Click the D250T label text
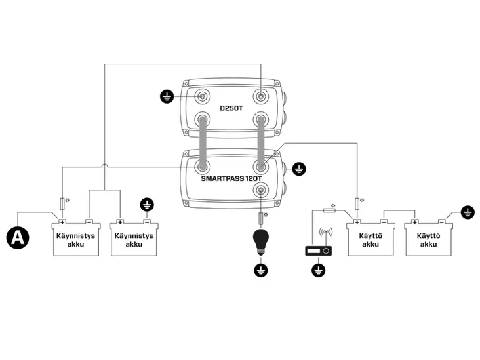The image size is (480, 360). (x=231, y=108)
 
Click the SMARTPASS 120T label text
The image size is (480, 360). (x=231, y=178)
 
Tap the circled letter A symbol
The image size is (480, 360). (x=18, y=237)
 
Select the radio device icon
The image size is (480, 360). (x=319, y=250)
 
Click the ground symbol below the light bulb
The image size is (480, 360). (x=261, y=270)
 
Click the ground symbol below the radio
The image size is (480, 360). (x=319, y=270)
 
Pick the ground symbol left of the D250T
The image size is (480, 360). (x=167, y=97)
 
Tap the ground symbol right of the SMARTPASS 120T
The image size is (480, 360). (x=299, y=169)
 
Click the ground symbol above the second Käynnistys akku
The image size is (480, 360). (x=147, y=205)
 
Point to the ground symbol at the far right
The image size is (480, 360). (x=468, y=212)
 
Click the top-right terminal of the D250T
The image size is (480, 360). (x=261, y=96)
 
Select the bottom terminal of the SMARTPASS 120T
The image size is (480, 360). (x=261, y=190)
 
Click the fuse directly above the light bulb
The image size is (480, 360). (x=261, y=218)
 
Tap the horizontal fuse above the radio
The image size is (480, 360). (x=329, y=210)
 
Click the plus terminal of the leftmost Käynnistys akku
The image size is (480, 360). (x=62, y=222)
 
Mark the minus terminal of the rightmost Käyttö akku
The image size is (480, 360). (x=442, y=222)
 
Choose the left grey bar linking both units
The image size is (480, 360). (x=203, y=143)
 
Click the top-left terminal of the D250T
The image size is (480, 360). (x=202, y=96)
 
